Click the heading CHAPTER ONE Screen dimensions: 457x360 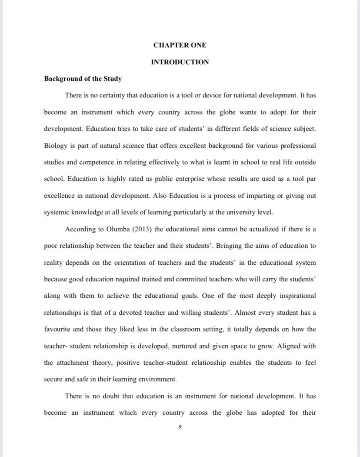click(180, 45)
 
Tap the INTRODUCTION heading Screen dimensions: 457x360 click(180, 62)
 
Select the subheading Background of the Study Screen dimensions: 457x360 click(83, 79)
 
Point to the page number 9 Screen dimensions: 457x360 click(180, 427)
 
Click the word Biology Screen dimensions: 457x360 click(56, 145)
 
